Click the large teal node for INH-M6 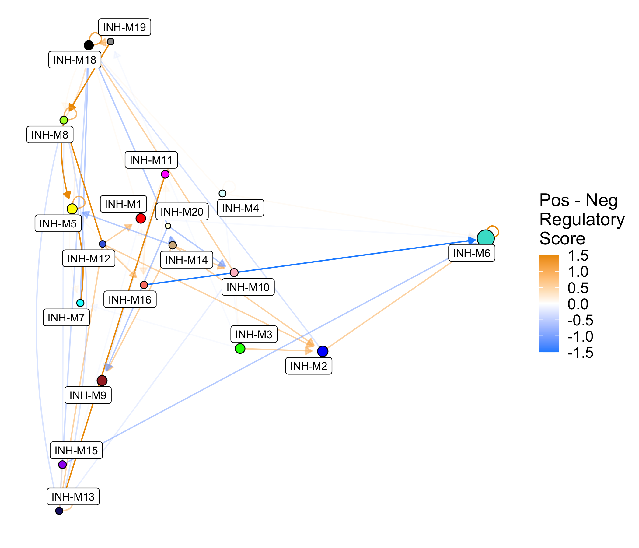pos(485,238)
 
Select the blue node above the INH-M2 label pos(323,351)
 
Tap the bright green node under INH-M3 pos(240,349)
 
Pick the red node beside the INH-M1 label pos(141,219)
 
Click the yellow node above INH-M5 pos(72,209)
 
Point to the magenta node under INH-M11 pos(165,174)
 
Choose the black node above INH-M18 pos(89,45)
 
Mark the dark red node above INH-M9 pos(102,381)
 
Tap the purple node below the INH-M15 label pos(62,464)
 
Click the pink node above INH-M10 pos(234,272)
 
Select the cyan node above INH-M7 pos(80,303)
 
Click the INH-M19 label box pos(124,27)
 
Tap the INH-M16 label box pos(130,300)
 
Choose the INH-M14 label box pos(186,260)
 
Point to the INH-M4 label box pos(240,208)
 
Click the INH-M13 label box pos(73,497)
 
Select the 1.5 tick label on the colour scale pos(578,255)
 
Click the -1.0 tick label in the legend pos(580,336)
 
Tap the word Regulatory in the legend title pos(581,220)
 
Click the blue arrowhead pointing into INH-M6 pos(472,240)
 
